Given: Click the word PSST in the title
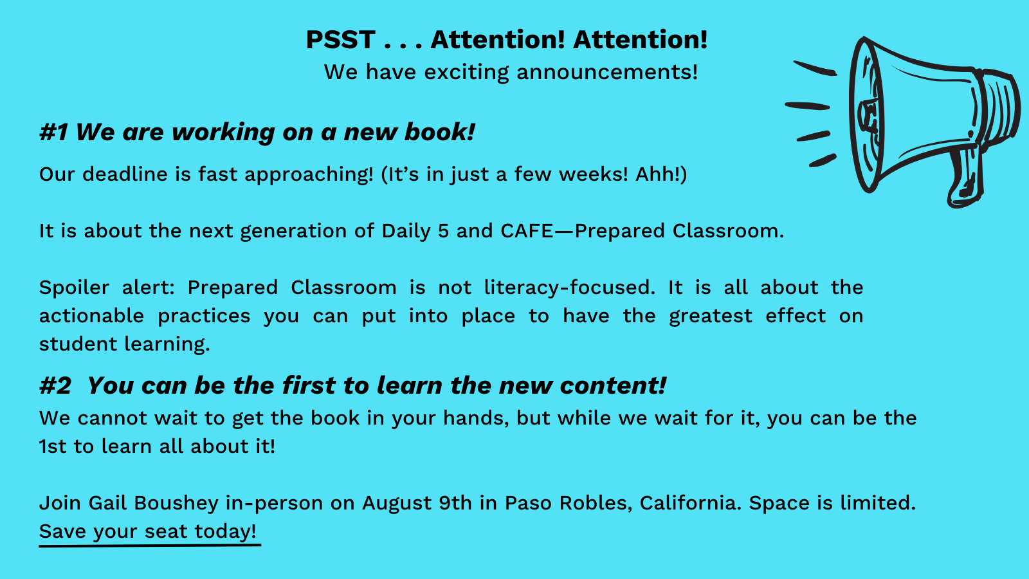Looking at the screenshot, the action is (x=340, y=39).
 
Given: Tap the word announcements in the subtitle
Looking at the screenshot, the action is (x=607, y=72).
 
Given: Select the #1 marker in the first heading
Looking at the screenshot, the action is (x=54, y=133).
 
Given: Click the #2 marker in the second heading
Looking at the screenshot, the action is (x=55, y=385).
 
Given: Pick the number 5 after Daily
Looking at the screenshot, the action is (x=443, y=231).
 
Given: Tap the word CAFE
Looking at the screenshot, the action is (x=527, y=231).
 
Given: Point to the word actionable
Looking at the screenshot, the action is (x=91, y=316).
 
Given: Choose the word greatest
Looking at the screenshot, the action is (x=711, y=317).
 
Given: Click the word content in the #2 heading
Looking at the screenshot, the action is (x=613, y=385).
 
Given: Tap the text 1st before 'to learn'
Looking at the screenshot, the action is (x=53, y=446).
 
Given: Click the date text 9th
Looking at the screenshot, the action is (x=455, y=502).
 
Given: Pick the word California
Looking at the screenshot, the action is (x=691, y=502).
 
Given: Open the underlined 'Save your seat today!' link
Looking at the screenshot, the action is (x=148, y=531).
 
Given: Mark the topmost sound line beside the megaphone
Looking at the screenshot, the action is (x=815, y=68).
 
